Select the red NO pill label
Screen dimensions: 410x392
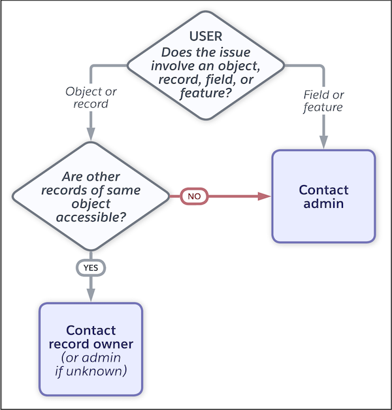[194, 196]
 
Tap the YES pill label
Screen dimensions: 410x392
[90, 267]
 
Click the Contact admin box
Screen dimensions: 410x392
[323, 196]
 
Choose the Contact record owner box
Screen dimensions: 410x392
[91, 349]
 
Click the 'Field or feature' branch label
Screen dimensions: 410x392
[323, 101]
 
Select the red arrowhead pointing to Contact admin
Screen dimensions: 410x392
[265, 196]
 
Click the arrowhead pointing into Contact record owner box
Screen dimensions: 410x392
[90, 295]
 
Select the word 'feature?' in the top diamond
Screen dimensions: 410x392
[205, 94]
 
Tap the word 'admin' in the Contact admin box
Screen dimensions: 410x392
[323, 203]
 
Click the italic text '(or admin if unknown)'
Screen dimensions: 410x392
[91, 364]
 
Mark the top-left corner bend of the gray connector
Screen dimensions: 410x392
[91, 66]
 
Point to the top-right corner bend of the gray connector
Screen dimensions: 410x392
[322, 66]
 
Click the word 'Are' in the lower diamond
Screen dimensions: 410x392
[73, 177]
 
